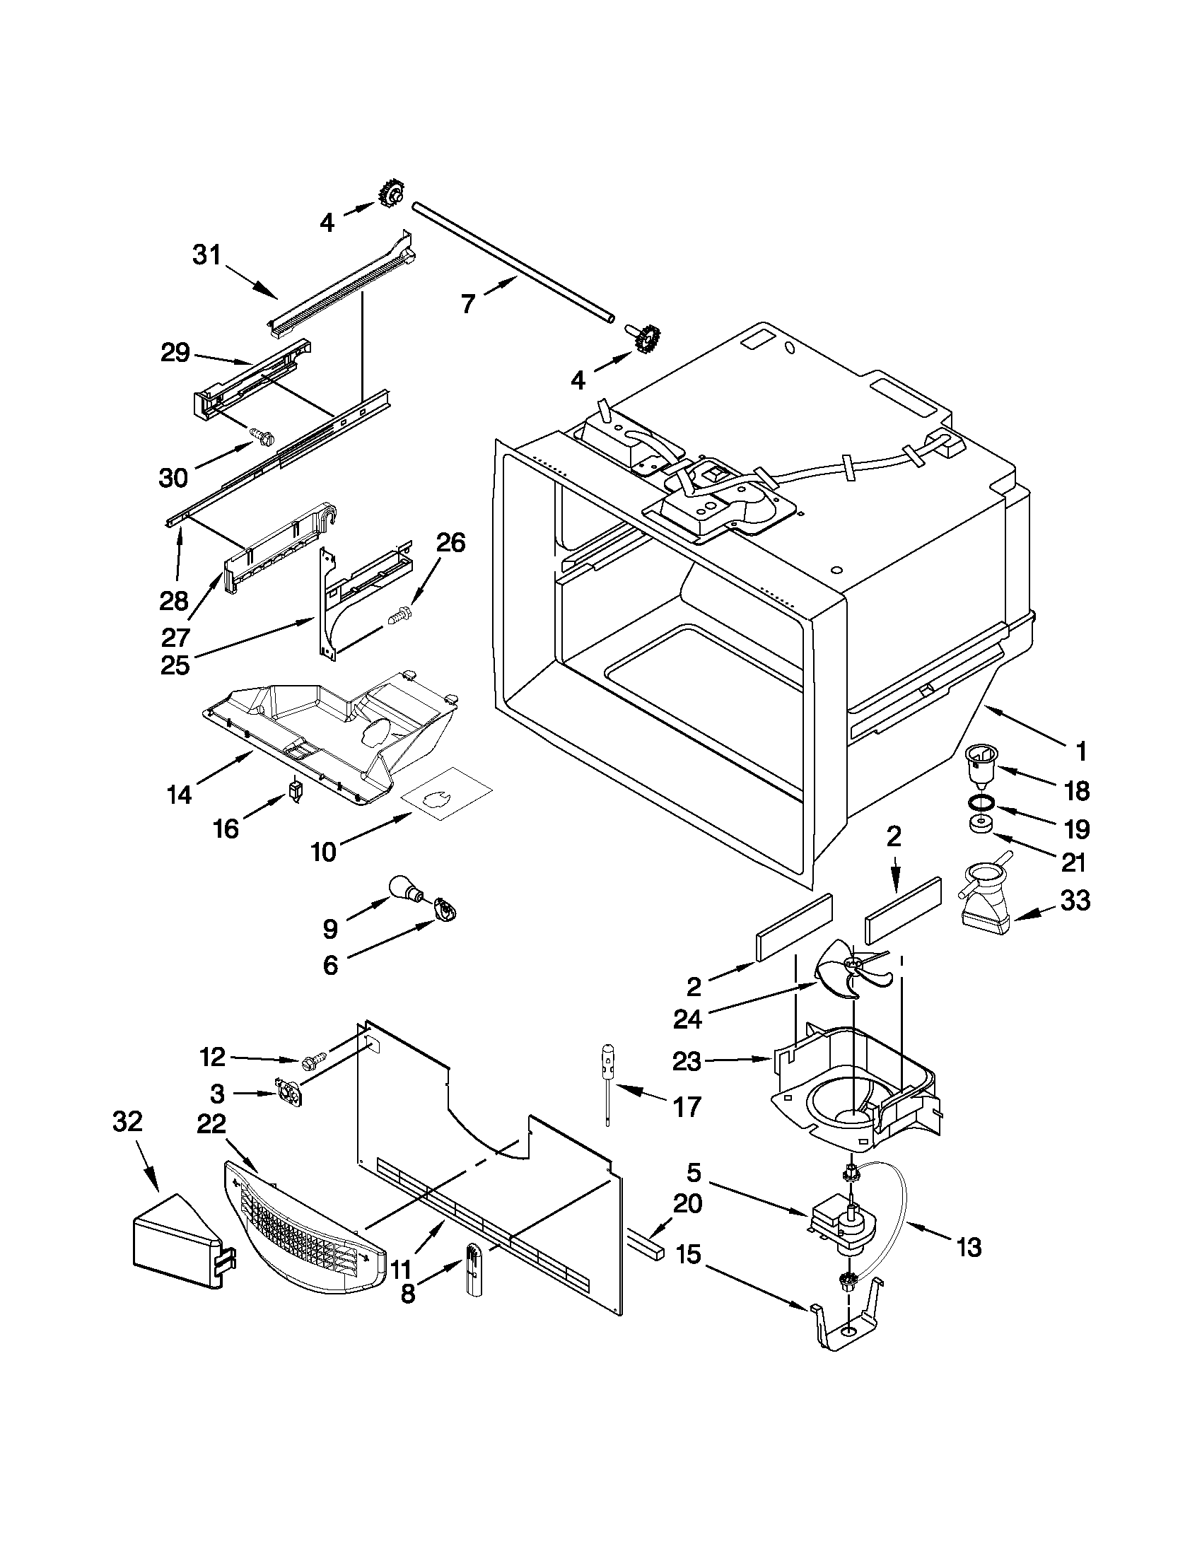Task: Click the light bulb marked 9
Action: coord(405,889)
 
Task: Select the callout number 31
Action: coord(207,255)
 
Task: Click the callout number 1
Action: coord(1081,750)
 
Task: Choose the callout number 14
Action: coord(180,793)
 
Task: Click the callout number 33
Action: coord(1075,901)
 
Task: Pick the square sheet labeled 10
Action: coord(448,793)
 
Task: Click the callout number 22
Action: coord(211,1124)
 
